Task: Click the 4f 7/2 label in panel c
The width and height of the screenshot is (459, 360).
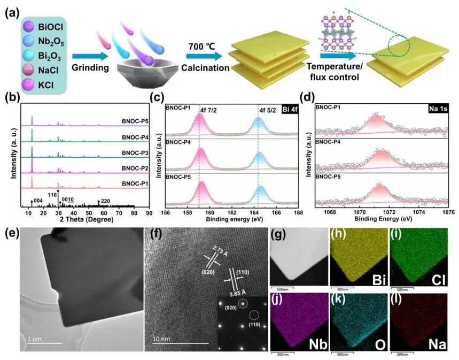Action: click(209, 110)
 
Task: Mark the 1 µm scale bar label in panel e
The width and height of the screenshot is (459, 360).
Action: click(36, 340)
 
